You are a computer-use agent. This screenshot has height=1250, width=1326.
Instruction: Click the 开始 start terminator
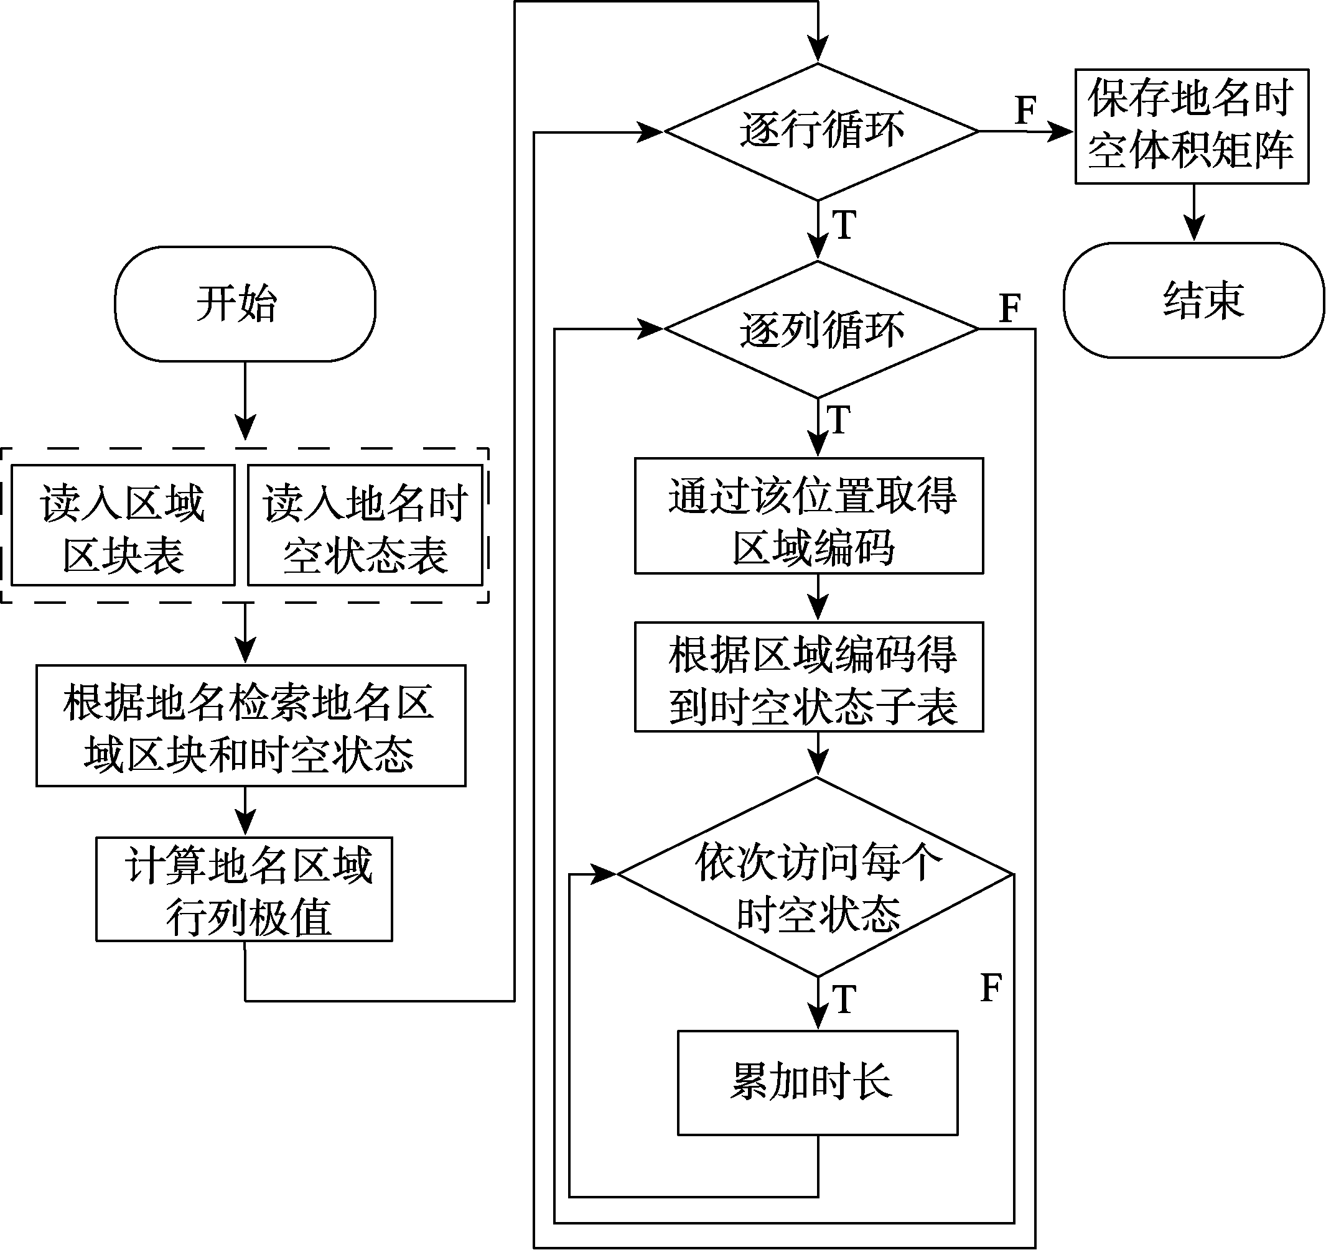click(x=245, y=304)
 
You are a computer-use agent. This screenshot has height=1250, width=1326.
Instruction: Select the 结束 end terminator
click(x=1193, y=300)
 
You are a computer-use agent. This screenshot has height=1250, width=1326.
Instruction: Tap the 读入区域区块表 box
click(x=123, y=525)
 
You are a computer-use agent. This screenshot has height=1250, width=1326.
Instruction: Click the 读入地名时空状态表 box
click(x=365, y=525)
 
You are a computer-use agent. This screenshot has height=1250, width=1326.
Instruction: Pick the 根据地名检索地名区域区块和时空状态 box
click(x=251, y=725)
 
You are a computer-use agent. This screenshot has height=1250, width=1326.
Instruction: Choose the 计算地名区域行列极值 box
click(x=244, y=889)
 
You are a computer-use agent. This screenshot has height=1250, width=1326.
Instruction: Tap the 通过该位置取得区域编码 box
click(x=809, y=516)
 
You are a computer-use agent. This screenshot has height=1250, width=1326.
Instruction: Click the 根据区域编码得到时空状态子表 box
click(x=809, y=677)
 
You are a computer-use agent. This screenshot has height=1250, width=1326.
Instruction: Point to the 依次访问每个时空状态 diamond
click(x=816, y=876)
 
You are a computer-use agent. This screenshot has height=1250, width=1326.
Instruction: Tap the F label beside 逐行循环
click(x=1026, y=110)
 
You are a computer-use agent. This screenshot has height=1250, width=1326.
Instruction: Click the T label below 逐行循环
click(x=844, y=225)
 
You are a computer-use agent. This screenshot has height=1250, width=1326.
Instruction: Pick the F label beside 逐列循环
click(x=1011, y=308)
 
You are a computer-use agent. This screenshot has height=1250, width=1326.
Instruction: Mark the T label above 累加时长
click(x=844, y=999)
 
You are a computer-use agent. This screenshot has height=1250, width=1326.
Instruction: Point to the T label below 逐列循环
click(x=838, y=420)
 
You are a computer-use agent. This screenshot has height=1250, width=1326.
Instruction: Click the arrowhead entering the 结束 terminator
click(x=1193, y=229)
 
